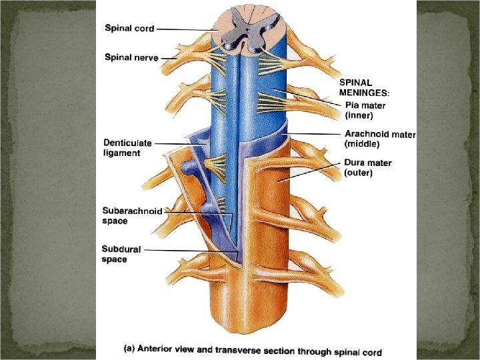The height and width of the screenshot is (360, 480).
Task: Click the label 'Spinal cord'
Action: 129,29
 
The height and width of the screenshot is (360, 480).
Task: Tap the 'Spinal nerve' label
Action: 131,57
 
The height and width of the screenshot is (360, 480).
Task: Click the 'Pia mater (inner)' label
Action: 365,110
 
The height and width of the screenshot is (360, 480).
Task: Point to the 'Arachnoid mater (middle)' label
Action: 379,139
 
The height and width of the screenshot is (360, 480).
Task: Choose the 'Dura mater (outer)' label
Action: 367,167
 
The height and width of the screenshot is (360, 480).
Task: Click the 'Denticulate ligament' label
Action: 127,148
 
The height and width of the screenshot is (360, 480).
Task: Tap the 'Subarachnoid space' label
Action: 132,215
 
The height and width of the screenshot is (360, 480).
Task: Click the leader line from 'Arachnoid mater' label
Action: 313,134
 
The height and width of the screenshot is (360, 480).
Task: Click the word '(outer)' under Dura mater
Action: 358,173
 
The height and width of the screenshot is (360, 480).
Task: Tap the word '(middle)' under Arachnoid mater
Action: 361,143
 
